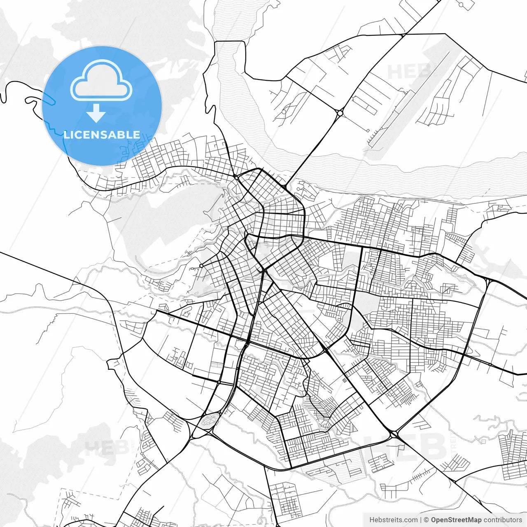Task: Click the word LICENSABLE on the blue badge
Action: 102,135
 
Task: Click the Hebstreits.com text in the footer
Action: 393,520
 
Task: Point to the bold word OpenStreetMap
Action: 456,520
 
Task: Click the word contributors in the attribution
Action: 503,520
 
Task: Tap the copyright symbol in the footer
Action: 427,520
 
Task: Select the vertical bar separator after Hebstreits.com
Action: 420,520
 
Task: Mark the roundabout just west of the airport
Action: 340,112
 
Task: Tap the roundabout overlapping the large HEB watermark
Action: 394,433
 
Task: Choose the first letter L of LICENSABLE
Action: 66,135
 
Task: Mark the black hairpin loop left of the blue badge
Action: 31,100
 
